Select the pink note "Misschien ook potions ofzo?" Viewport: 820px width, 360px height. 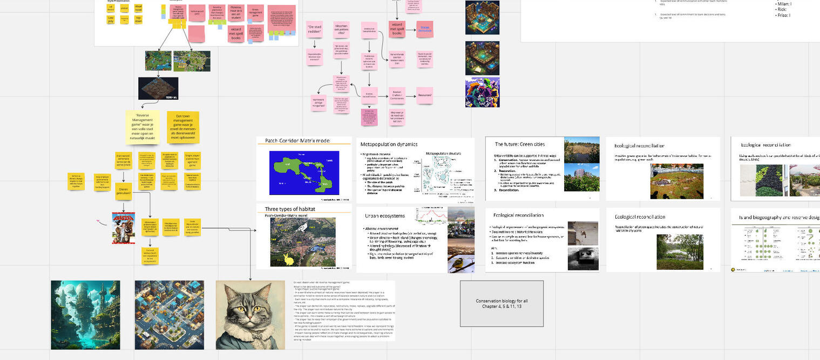pos(341,30)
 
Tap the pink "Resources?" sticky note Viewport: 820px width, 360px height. pos(425,96)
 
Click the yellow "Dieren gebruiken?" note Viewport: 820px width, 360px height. pos(123,191)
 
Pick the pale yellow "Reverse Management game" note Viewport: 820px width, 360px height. pos(142,127)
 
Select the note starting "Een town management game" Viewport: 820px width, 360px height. pos(183,127)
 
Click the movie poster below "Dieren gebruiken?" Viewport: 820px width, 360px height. pos(123,227)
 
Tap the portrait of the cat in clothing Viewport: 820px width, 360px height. pos(250,315)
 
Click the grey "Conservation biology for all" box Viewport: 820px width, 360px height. pos(502,303)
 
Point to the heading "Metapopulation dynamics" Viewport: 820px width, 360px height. pos(389,145)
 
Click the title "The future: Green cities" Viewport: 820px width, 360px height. pos(520,144)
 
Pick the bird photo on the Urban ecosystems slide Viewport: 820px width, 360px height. pos(461,261)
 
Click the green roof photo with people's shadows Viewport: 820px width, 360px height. pos(676,181)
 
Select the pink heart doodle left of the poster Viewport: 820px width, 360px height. pos(99,221)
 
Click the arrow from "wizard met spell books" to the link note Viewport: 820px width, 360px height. pos(411,29)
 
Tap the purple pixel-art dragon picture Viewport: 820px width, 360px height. pos(482,92)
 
